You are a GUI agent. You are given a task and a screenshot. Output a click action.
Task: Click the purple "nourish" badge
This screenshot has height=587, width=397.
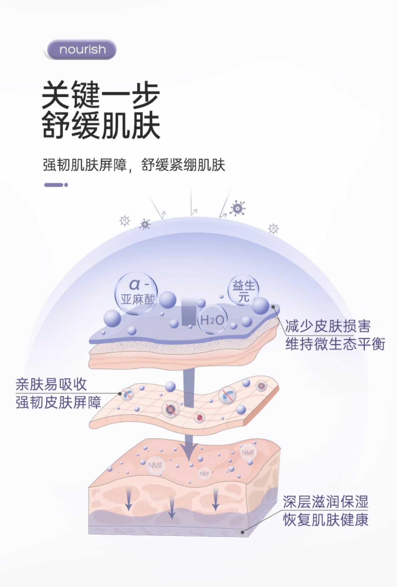(82, 49)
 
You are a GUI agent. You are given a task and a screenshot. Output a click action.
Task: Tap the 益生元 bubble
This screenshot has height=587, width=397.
(243, 291)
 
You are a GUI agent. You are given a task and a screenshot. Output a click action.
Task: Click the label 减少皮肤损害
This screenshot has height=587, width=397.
(328, 326)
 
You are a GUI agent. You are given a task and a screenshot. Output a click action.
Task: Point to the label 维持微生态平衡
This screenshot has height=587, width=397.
(335, 344)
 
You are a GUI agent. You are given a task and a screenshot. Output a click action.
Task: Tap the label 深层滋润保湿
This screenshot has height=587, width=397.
(326, 502)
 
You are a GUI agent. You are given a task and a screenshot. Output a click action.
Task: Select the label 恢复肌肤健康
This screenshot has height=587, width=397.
(326, 520)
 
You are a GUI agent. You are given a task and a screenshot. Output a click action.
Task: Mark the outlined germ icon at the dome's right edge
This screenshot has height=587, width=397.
(273, 229)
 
